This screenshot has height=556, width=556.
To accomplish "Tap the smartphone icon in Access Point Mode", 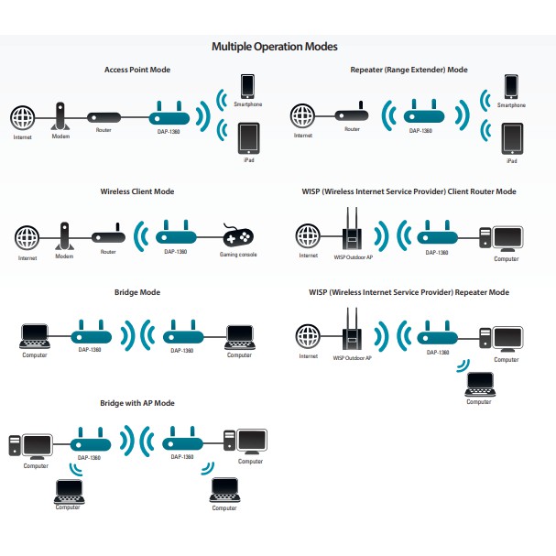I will (247, 85).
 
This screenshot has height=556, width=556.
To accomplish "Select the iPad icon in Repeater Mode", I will (511, 138).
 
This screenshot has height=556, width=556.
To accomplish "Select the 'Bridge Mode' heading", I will (136, 292).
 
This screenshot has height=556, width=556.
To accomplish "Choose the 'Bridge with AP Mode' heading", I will (136, 403).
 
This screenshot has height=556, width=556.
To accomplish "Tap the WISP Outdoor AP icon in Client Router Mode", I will (349, 230).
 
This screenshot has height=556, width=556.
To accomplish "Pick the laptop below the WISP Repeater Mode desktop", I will (478, 384).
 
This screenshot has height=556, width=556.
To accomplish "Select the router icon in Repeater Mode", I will (351, 115).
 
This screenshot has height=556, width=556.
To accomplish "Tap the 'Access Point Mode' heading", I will (136, 70).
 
